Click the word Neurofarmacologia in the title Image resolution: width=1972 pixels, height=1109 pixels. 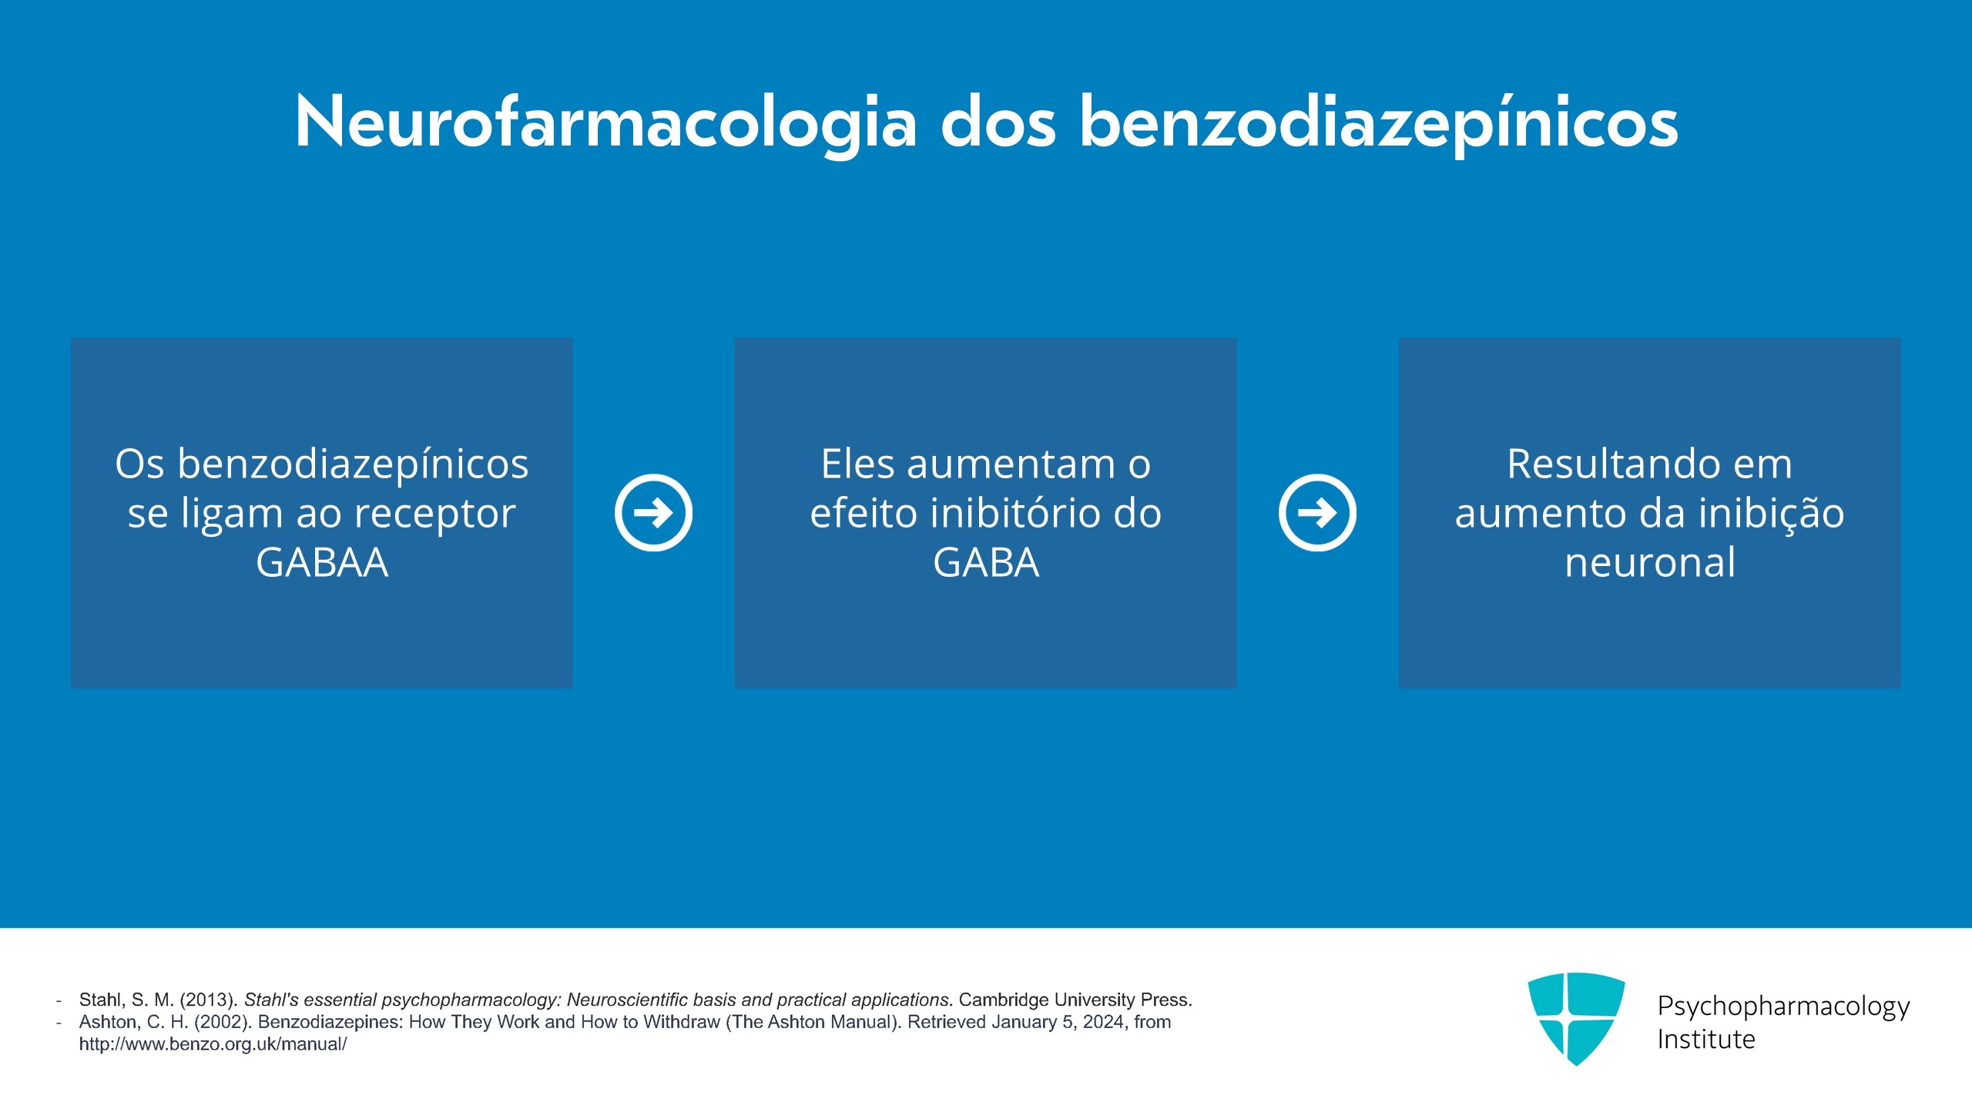(605, 123)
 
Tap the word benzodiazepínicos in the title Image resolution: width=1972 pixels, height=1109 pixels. (1378, 123)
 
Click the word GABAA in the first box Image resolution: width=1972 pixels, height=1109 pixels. (322, 562)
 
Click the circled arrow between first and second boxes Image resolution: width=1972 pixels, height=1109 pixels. (653, 513)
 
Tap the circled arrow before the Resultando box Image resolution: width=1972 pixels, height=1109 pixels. (1317, 513)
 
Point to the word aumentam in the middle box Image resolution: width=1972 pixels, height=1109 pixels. (1011, 464)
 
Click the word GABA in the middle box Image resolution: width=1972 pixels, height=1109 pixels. (986, 562)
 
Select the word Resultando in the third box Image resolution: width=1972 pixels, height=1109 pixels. (1611, 464)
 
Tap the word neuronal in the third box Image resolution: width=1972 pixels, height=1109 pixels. (1650, 562)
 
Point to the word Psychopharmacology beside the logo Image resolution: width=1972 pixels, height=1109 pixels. (1783, 1006)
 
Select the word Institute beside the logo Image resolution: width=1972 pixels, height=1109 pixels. (1706, 1040)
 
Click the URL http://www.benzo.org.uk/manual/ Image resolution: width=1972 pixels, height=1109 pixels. (213, 1044)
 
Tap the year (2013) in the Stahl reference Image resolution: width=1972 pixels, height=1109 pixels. (209, 1000)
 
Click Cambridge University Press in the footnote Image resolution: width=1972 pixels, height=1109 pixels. (1075, 1000)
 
